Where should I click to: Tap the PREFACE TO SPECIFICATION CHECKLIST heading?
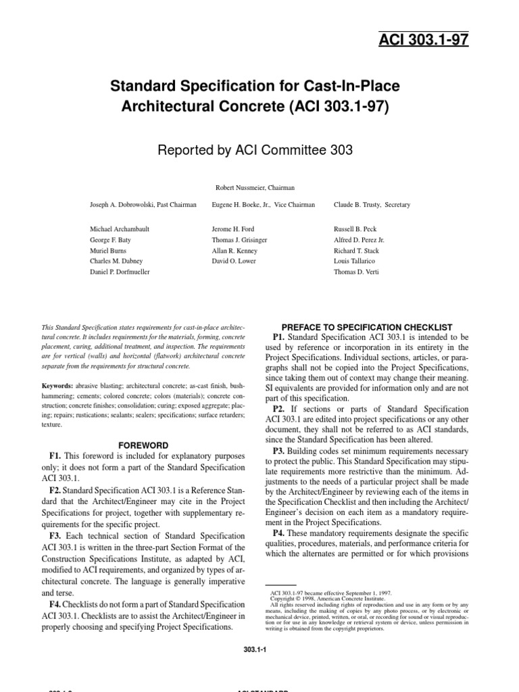[x=366, y=326]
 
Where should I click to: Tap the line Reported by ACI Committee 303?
[x=255, y=150]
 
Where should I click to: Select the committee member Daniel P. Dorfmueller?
[x=120, y=272]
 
